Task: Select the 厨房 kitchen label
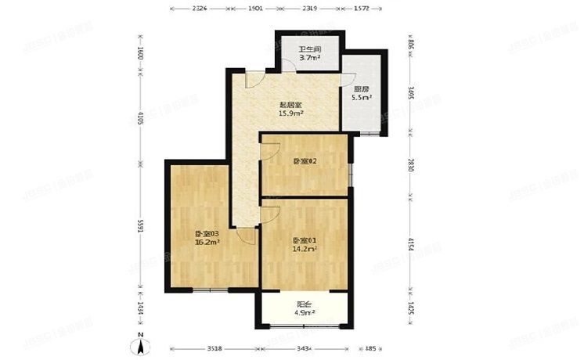coord(361,88)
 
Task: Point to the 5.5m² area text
coord(361,98)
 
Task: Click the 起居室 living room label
coord(290,104)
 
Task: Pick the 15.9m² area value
coord(290,113)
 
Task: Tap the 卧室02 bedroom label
coord(304,161)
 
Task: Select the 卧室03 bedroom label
coord(207,233)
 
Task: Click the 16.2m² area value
coord(207,243)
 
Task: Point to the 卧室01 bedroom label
coord(305,240)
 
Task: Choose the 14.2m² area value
coord(305,250)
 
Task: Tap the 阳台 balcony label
coord(304,305)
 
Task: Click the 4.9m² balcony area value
coord(304,314)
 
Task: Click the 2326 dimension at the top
coord(199,9)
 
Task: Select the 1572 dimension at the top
coord(361,9)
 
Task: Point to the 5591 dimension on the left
coord(140,227)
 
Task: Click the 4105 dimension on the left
coord(140,119)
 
